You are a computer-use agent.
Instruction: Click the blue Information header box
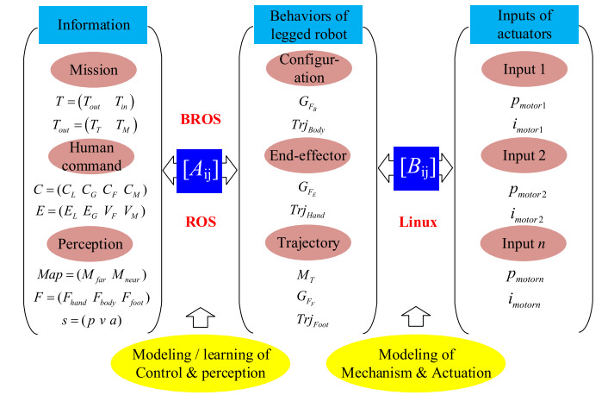point(93,25)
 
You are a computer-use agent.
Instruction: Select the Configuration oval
point(310,71)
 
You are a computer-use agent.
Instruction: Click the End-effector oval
point(309,157)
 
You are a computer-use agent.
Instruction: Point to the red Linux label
point(419,223)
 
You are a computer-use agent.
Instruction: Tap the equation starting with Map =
point(92,276)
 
